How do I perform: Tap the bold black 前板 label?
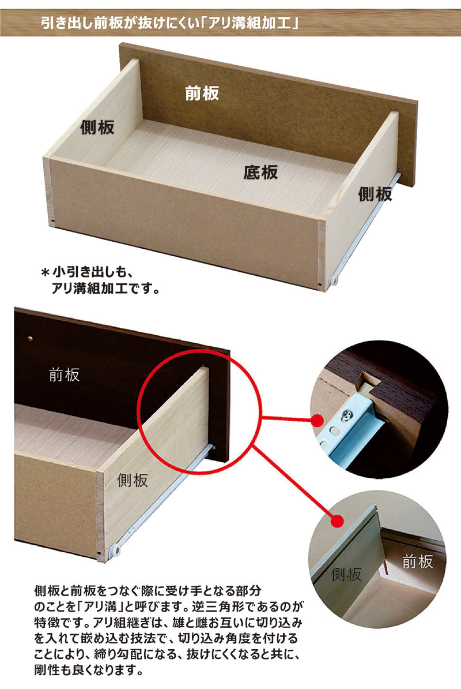202,93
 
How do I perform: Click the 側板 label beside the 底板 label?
375,194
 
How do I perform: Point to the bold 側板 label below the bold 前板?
97,127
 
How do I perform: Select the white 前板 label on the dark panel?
65,375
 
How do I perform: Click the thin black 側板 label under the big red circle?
133,479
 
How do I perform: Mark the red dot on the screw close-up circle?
316,420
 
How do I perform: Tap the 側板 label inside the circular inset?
346,574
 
